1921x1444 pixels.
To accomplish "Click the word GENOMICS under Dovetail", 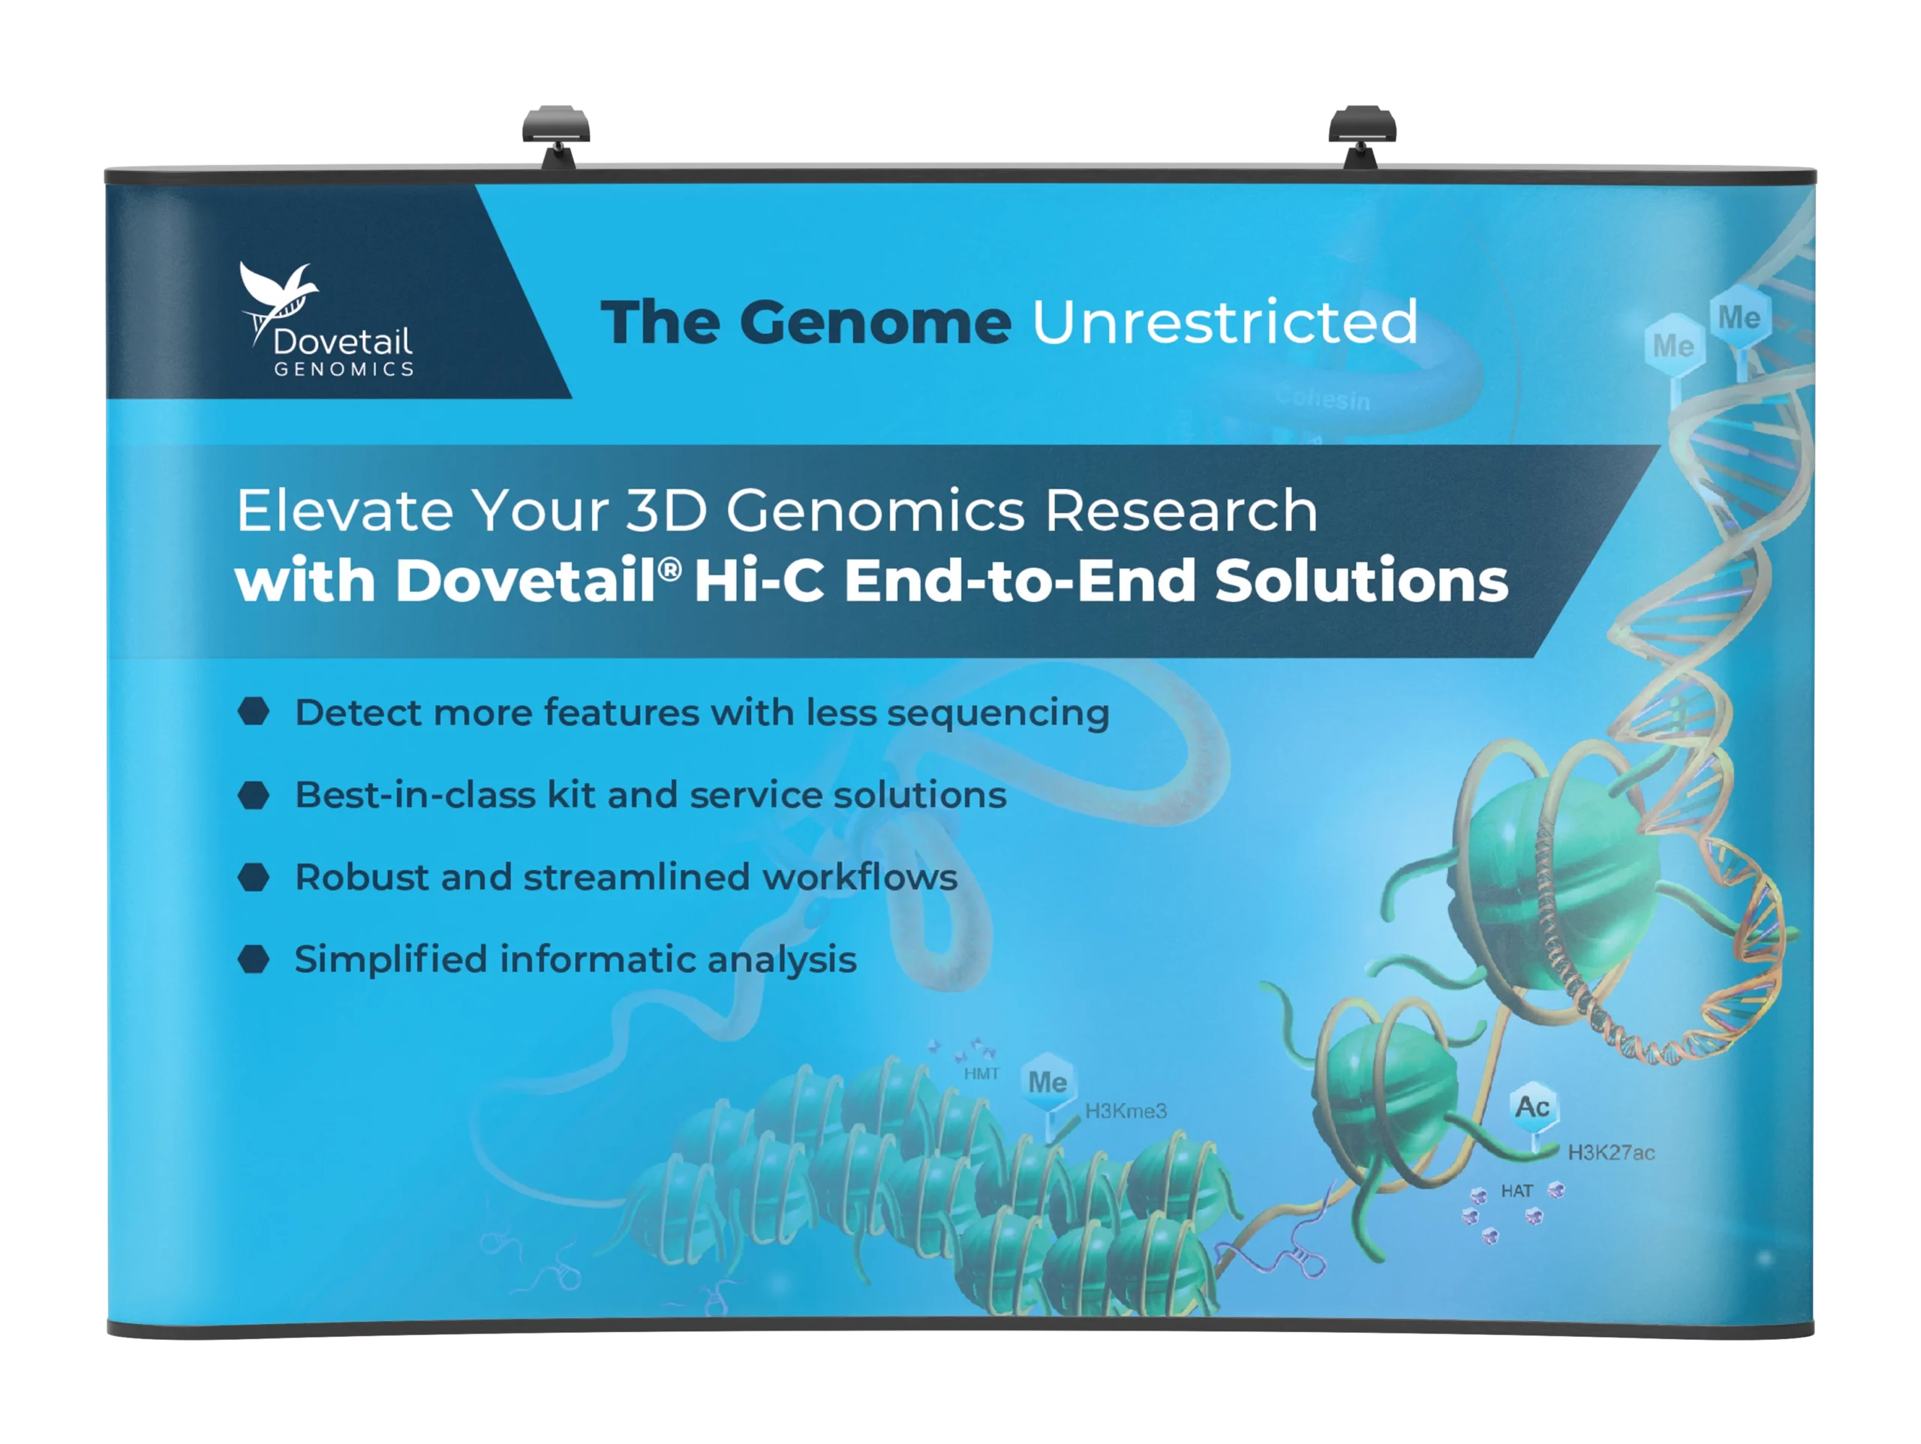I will (344, 369).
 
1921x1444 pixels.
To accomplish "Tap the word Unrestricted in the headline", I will (1225, 322).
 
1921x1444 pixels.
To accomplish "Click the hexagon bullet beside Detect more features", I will (254, 712).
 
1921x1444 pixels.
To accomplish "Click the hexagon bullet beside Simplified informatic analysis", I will (254, 959).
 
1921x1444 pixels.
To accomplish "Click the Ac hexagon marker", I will (1532, 1108).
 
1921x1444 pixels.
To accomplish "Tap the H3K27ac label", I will (1611, 1153).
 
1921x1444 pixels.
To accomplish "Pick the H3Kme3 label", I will (1126, 1111).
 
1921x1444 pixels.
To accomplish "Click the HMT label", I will (982, 1074).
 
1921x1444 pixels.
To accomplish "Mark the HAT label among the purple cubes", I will (1517, 1191).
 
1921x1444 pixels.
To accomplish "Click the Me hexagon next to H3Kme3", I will (1048, 1082).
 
